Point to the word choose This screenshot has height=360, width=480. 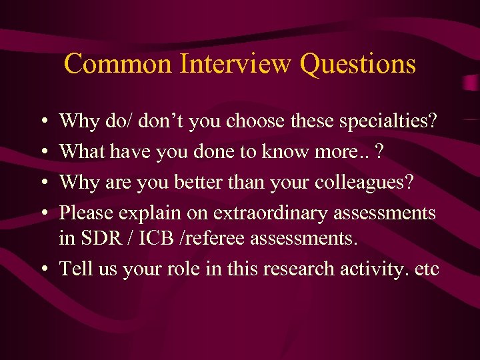click(x=256, y=121)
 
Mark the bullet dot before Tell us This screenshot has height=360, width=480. click(x=43, y=269)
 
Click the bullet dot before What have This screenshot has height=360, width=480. click(x=43, y=152)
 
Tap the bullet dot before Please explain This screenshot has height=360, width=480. click(x=43, y=213)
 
